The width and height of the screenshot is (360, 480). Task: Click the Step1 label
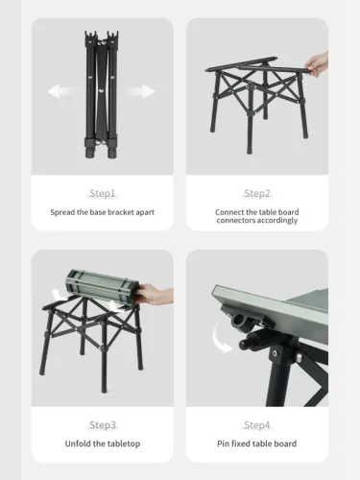point(103,193)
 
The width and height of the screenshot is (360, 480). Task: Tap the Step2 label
point(257,193)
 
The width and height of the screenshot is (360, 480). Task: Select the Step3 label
point(103,425)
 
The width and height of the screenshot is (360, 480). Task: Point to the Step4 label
point(257,425)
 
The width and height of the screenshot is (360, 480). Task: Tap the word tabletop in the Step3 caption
point(124,444)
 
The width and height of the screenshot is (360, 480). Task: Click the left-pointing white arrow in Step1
point(60,91)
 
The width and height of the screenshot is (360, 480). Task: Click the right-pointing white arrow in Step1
point(141,91)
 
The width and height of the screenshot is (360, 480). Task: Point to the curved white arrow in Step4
point(219,340)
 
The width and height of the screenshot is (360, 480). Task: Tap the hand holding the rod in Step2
point(318,64)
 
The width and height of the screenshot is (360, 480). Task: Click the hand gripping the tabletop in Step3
point(154,295)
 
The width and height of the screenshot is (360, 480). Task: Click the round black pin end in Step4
point(244,345)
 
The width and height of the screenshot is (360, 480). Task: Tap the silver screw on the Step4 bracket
point(275,353)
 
